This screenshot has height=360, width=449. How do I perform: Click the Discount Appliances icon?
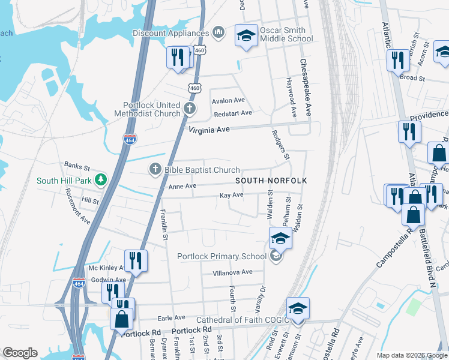[218, 32]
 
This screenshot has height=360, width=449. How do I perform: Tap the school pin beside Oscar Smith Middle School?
[246, 35]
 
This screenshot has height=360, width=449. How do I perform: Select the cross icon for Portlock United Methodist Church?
[190, 109]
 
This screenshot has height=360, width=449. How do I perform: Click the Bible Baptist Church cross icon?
[155, 170]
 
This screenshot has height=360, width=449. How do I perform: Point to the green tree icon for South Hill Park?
[102, 180]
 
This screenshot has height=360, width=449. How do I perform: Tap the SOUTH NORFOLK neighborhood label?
[271, 181]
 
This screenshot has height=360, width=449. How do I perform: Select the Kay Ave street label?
[231, 195]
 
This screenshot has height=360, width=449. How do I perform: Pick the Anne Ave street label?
[182, 187]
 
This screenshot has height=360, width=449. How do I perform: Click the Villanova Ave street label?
[233, 272]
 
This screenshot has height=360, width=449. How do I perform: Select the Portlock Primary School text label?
[221, 257]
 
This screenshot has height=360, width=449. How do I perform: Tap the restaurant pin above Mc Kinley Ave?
[136, 260]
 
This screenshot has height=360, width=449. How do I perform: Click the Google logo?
[20, 353]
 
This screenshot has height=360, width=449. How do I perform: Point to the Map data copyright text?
[411, 355]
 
